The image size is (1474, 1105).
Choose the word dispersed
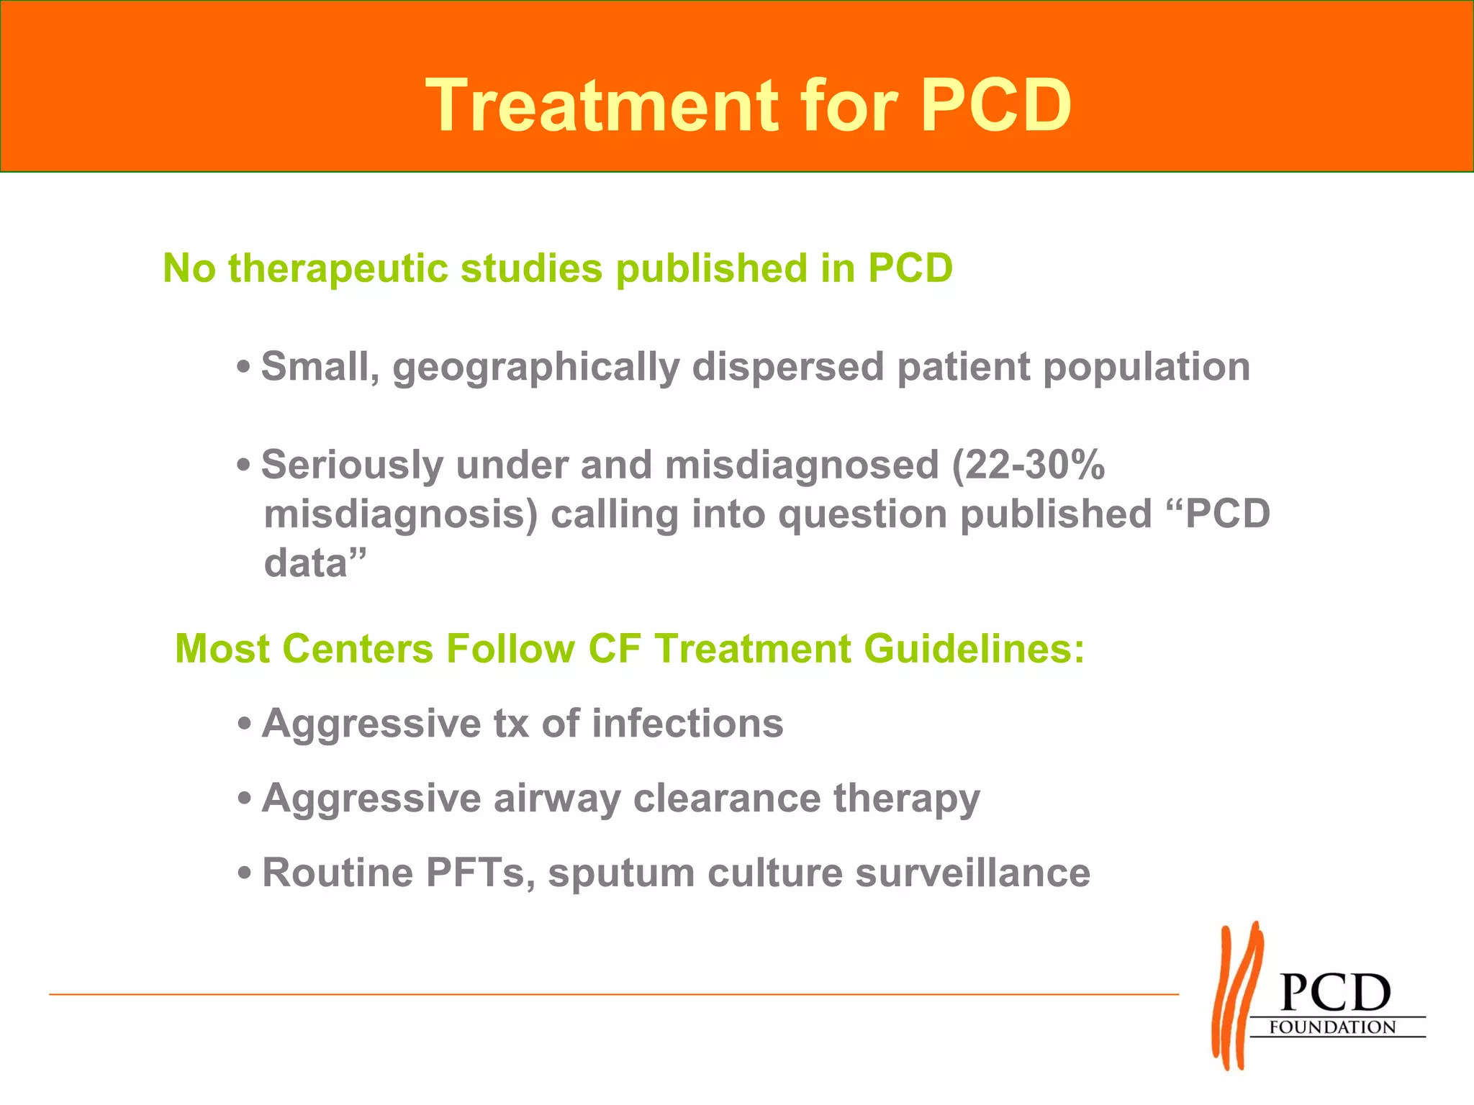(x=788, y=367)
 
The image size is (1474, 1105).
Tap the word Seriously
(x=351, y=465)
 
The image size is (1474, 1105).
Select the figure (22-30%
(x=1028, y=465)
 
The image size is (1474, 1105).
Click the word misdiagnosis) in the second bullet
(x=401, y=515)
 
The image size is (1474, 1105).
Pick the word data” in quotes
(x=315, y=563)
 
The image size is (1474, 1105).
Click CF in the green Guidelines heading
(x=614, y=648)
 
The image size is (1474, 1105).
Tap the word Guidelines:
(x=974, y=648)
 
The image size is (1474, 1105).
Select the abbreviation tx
(x=511, y=723)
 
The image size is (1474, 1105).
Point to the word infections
(x=687, y=723)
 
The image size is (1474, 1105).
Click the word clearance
(x=726, y=799)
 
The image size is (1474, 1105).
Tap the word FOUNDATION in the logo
(x=1331, y=1027)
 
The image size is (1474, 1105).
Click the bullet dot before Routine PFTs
(x=245, y=874)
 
